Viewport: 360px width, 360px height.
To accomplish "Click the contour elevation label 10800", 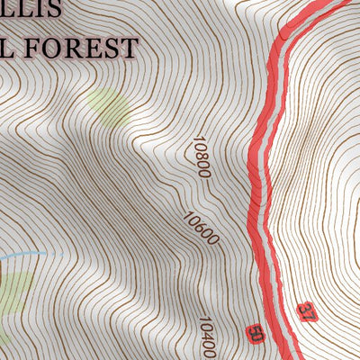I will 201,156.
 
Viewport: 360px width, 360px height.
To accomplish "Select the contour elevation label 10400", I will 208,337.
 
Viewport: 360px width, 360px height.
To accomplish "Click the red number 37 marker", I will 307,313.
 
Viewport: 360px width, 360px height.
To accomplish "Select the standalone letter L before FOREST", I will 6,48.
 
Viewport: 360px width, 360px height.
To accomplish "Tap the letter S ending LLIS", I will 52,10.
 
